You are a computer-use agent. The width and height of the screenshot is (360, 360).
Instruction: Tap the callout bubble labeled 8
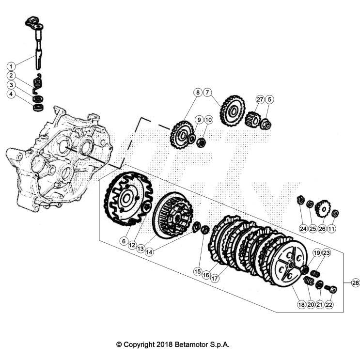click(x=198, y=92)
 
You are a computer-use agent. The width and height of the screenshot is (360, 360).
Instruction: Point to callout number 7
click(x=207, y=92)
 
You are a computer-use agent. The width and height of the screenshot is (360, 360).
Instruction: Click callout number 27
click(x=260, y=99)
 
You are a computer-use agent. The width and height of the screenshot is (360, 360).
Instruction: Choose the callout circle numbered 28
click(x=355, y=282)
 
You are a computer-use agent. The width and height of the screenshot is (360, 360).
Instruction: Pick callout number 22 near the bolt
click(x=330, y=305)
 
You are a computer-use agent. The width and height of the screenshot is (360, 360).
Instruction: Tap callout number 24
click(x=303, y=228)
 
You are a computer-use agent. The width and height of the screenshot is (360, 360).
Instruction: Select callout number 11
click(x=332, y=228)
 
